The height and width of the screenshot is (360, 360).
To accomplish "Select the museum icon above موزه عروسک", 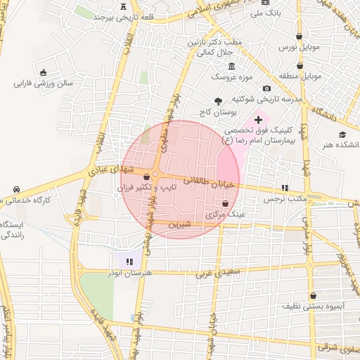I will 231,65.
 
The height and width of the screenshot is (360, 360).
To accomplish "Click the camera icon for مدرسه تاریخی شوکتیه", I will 266,88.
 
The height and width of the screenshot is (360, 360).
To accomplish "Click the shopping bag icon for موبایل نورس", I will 300,36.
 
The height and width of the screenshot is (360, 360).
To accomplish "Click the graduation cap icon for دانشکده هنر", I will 342,134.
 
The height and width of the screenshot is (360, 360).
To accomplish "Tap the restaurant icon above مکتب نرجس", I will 285,188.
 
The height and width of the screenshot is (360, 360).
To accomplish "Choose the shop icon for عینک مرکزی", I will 224,203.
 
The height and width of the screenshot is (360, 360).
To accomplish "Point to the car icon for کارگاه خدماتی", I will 15,190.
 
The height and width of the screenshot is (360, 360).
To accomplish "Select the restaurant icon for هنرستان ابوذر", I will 129,262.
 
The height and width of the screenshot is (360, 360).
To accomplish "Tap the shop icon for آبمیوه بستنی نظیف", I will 313,296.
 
